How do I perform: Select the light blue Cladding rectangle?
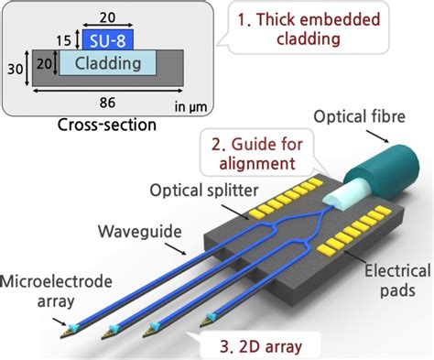click(x=106, y=63)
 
